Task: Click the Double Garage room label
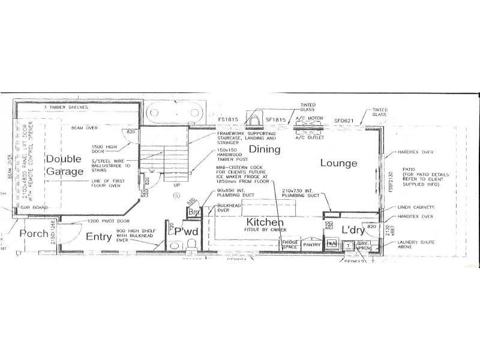pos(65,166)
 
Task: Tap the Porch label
pos(34,233)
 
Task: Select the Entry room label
pos(98,237)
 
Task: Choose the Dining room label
pos(265,148)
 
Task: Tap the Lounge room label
pos(338,163)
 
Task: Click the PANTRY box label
pos(312,245)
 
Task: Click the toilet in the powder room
pos(192,244)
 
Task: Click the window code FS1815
pos(228,119)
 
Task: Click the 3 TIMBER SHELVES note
pos(67,107)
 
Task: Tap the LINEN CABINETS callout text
pos(416,207)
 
